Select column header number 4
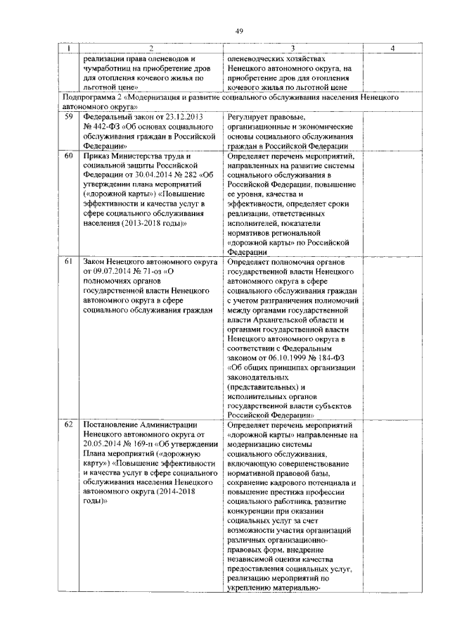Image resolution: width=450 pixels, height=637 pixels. (x=391, y=48)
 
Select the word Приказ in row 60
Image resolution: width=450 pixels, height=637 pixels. (x=98, y=155)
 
